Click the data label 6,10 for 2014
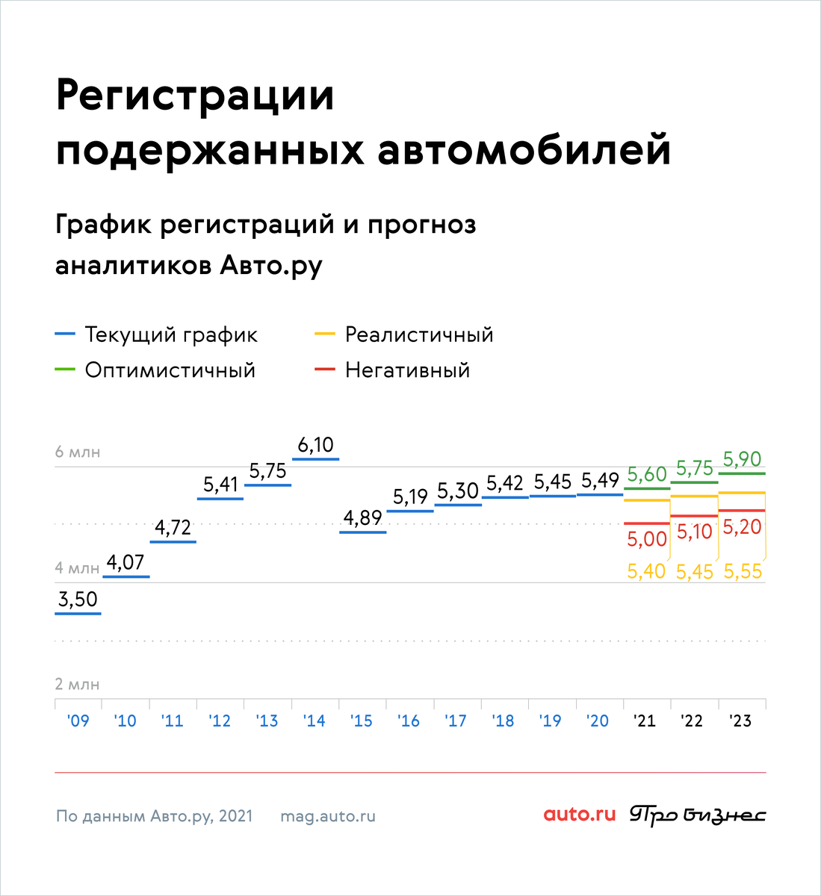click(315, 445)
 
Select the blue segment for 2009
click(78, 614)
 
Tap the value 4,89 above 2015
click(362, 517)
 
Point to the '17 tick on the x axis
click(456, 721)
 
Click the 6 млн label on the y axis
click(78, 452)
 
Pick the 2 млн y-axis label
click(78, 685)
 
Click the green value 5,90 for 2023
click(743, 459)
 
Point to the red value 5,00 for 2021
click(647, 540)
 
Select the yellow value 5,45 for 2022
click(695, 572)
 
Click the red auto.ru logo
click(580, 815)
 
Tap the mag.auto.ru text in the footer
click(328, 816)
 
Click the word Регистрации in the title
click(195, 96)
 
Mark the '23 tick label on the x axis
click(740, 721)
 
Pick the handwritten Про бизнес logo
click(698, 815)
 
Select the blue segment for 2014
click(315, 458)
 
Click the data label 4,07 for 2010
click(126, 562)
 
